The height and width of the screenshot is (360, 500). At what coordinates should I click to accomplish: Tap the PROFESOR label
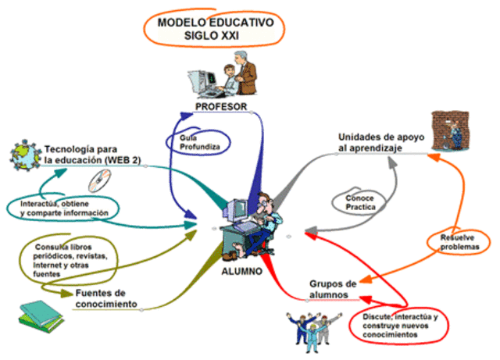pos(221,107)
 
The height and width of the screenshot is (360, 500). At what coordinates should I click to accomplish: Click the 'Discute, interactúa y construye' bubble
pos(399,325)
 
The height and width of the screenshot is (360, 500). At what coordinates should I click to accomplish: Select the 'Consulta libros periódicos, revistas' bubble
pos(71,258)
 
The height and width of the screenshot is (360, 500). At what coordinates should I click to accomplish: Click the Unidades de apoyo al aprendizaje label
pos(381,141)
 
